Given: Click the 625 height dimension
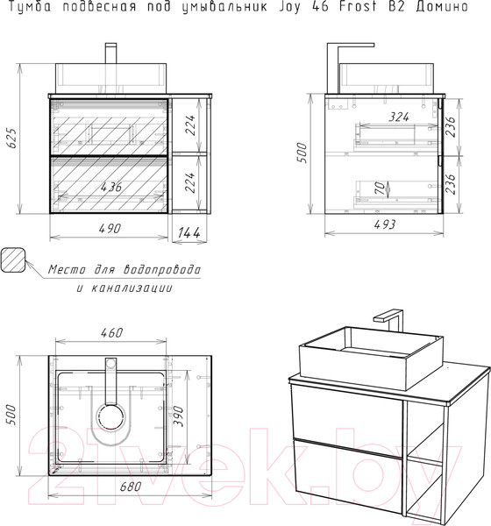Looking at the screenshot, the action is coord(11,138).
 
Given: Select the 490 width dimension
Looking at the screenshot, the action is coord(110,229).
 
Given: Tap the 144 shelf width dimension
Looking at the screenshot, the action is coord(189,232).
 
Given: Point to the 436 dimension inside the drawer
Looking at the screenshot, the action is coord(111,187).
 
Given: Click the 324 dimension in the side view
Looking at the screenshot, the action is coord(399,117).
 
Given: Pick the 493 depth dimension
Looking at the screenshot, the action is coord(385,224).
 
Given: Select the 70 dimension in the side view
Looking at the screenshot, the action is coord(380,188).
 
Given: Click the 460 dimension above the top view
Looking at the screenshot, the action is coord(111,332).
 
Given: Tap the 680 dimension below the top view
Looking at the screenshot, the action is coord(131,486).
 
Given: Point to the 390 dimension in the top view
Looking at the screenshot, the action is coord(178,416).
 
